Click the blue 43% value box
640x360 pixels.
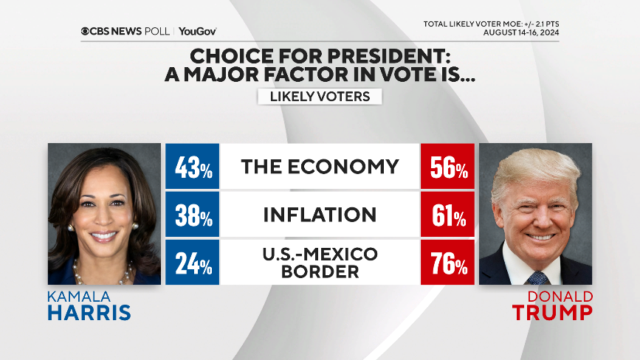pyautogui.click(x=193, y=167)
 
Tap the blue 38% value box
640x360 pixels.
pyautogui.click(x=193, y=215)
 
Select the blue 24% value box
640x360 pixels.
pyautogui.click(x=193, y=263)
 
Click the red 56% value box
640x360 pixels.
pyautogui.click(x=447, y=167)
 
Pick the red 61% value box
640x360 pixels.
pyautogui.click(x=447, y=215)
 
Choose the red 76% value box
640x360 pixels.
pyautogui.click(x=447, y=263)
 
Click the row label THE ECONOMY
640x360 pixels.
pyautogui.click(x=320, y=167)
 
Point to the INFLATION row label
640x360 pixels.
pyautogui.click(x=320, y=215)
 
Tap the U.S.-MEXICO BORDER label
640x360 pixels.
pyautogui.click(x=320, y=263)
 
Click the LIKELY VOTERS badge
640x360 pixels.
pyautogui.click(x=319, y=97)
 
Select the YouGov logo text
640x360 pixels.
pyautogui.click(x=197, y=31)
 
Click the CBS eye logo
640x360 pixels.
pyautogui.click(x=86, y=31)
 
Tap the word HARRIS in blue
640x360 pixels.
pyautogui.click(x=89, y=313)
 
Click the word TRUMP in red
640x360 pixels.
pyautogui.click(x=552, y=313)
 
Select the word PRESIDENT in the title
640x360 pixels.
pyautogui.click(x=395, y=56)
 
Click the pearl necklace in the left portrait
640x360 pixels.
pyautogui.click(x=104, y=274)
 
